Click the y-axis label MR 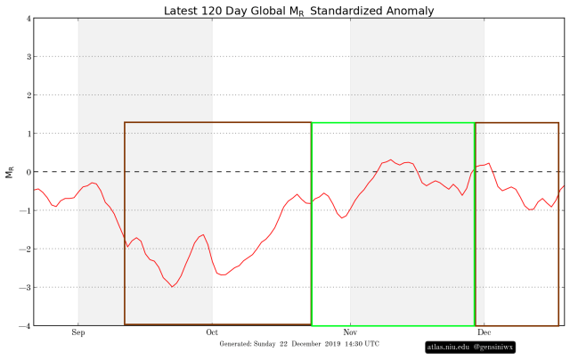pos(11,172)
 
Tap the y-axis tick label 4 pos(28,18)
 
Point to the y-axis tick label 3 pos(28,56)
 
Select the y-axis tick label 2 pos(28,95)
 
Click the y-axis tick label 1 pos(28,134)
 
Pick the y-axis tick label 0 pos(28,172)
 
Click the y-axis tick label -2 pos(27,250)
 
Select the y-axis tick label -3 pos(27,288)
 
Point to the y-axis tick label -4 pos(27,326)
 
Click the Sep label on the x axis pos(78,333)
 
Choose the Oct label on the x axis pos(213,333)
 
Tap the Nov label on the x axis pos(350,333)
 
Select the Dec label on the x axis pos(484,333)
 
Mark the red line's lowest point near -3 pos(172,286)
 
